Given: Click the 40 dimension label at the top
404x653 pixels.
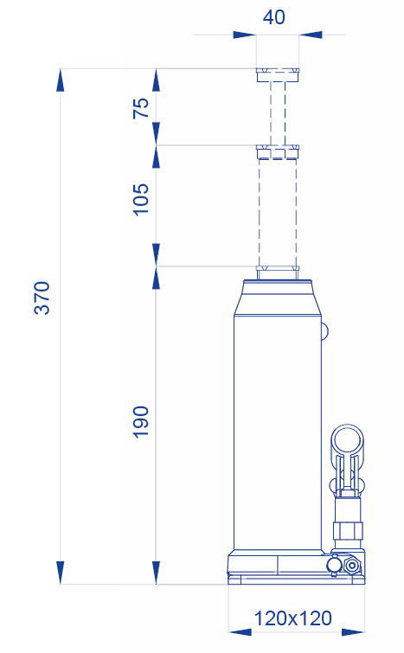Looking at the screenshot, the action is pos(274,17).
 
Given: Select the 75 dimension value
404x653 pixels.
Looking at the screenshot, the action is pos(141,108).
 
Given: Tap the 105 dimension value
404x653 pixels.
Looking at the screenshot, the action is pos(141,199).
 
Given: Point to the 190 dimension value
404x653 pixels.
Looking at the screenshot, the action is pos(141,421).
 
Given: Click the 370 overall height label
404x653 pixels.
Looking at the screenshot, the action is pos(42,298).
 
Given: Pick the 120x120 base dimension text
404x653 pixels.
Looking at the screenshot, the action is pos(292,618).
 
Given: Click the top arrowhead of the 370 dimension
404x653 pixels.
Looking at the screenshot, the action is pos(61,80).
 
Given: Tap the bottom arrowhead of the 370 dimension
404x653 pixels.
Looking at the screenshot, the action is pos(61,573).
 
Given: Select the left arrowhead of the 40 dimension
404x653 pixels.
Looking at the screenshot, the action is pos(245,35).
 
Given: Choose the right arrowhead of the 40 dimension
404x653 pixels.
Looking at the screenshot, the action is pos(311,35).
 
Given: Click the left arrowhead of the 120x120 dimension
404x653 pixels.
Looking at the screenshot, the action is pos(240,632).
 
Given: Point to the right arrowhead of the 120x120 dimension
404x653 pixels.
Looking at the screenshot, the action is pos(353,632).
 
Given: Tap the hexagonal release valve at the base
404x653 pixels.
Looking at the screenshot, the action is pos(352,566).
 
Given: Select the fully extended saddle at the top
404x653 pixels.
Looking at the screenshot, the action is pos(278,75).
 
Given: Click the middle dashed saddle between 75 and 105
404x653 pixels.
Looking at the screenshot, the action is pos(278,152).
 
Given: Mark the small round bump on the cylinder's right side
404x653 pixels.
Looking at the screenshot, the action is pos(325,331).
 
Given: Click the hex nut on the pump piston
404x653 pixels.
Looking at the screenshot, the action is pos(348,530).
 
